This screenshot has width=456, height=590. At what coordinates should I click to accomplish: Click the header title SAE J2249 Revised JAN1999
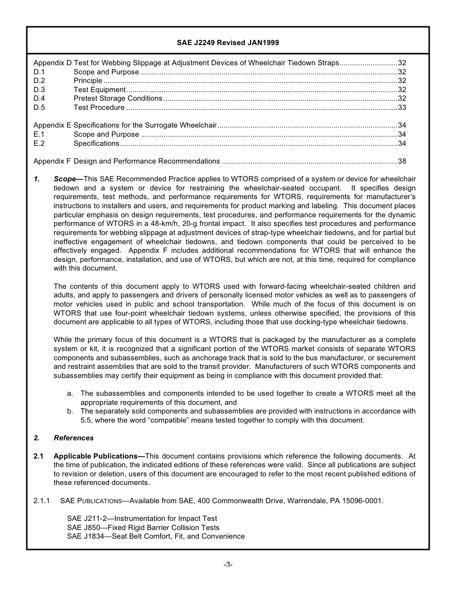click(x=228, y=43)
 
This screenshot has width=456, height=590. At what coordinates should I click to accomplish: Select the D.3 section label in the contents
click(x=39, y=90)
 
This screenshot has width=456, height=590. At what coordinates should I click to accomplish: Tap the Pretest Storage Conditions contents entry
click(x=118, y=98)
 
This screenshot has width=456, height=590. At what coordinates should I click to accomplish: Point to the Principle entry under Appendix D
click(x=88, y=81)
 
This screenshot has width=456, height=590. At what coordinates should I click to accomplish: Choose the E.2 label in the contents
click(x=39, y=143)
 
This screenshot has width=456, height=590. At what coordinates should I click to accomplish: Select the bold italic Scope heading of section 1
click(x=65, y=179)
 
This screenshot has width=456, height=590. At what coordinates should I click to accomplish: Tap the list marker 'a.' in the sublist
click(x=70, y=393)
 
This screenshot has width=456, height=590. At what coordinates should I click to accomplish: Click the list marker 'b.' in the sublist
click(x=70, y=411)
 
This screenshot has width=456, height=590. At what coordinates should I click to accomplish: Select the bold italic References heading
click(x=73, y=438)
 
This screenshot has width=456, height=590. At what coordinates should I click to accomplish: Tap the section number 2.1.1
click(x=42, y=501)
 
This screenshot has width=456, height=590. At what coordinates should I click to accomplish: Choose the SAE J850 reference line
click(x=143, y=528)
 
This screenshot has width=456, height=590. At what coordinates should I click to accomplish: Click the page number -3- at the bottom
click(x=228, y=565)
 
